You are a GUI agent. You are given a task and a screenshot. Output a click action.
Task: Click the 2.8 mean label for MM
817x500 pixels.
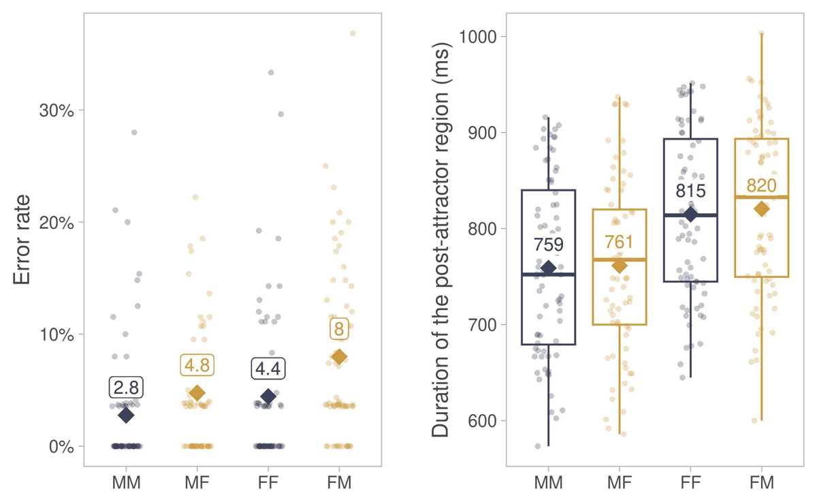click(x=126, y=388)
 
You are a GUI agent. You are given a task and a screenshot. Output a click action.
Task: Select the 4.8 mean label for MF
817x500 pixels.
click(x=197, y=365)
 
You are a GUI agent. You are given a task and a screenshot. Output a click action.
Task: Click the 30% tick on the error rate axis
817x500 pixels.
click(x=56, y=110)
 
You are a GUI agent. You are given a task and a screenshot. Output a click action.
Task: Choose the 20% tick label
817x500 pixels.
click(x=56, y=222)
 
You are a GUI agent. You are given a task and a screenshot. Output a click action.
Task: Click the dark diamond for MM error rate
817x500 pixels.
click(x=126, y=415)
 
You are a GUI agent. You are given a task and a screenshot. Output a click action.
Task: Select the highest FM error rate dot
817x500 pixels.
click(x=353, y=33)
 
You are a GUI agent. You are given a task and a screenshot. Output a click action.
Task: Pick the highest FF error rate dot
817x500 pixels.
click(x=271, y=72)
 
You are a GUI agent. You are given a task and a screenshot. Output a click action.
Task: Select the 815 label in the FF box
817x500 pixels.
click(x=690, y=191)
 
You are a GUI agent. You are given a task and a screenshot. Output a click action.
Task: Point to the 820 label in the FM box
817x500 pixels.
click(x=761, y=186)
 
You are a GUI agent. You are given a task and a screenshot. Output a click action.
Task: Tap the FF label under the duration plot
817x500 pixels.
click(x=690, y=484)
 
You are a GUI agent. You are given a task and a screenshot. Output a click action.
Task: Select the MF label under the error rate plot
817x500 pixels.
click(x=197, y=484)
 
